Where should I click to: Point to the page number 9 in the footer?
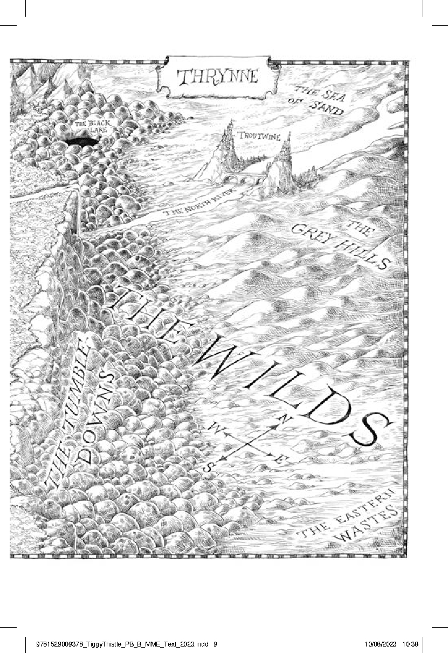click(216, 643)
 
